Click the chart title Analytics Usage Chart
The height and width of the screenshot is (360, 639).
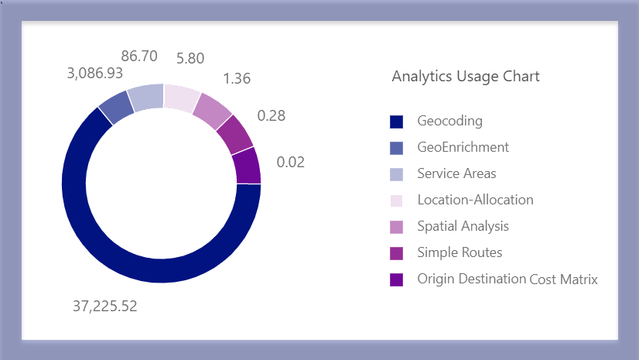466,76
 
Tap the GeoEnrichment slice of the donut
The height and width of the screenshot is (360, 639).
116,107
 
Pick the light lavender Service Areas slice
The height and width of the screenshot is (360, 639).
146,96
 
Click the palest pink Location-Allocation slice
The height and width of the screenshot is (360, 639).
181,98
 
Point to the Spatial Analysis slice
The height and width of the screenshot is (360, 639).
212,111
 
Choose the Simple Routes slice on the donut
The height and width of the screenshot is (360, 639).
234,134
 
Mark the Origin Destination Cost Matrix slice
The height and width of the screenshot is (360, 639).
247,165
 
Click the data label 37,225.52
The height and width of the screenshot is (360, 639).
104,306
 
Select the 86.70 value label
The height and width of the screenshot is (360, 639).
139,57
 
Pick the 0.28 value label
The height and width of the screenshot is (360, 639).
271,115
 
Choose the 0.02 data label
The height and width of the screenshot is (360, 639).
291,163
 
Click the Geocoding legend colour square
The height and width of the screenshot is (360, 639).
397,122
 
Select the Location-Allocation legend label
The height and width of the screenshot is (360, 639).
475,200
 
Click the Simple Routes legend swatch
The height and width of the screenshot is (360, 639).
397,253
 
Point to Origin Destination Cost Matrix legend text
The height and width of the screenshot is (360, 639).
507,279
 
